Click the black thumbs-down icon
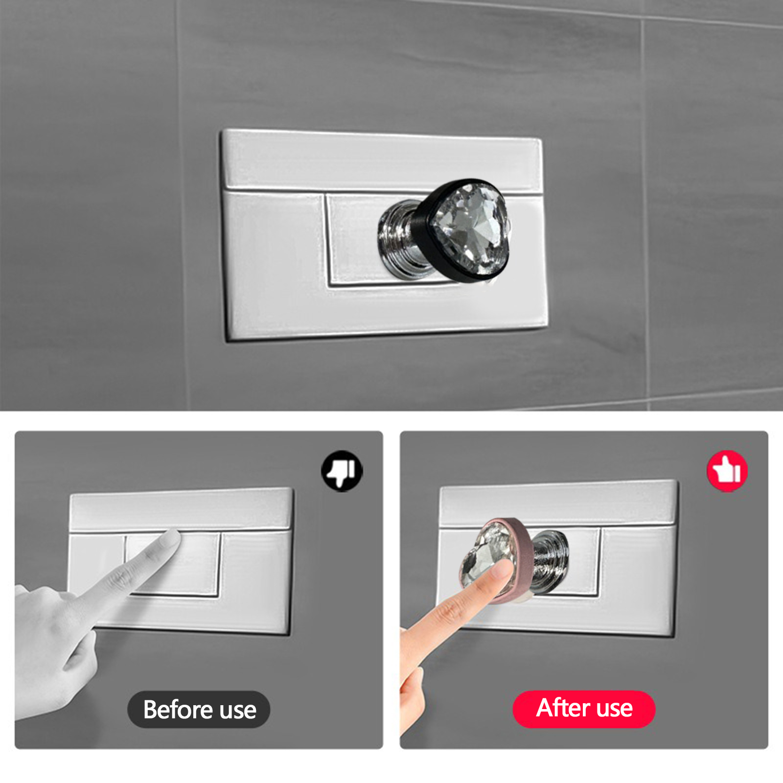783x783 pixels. point(342,471)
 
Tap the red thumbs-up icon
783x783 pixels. point(727,471)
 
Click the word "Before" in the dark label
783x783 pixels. point(178,709)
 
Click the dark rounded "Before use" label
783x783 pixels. point(199,710)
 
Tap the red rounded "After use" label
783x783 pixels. point(584,709)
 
